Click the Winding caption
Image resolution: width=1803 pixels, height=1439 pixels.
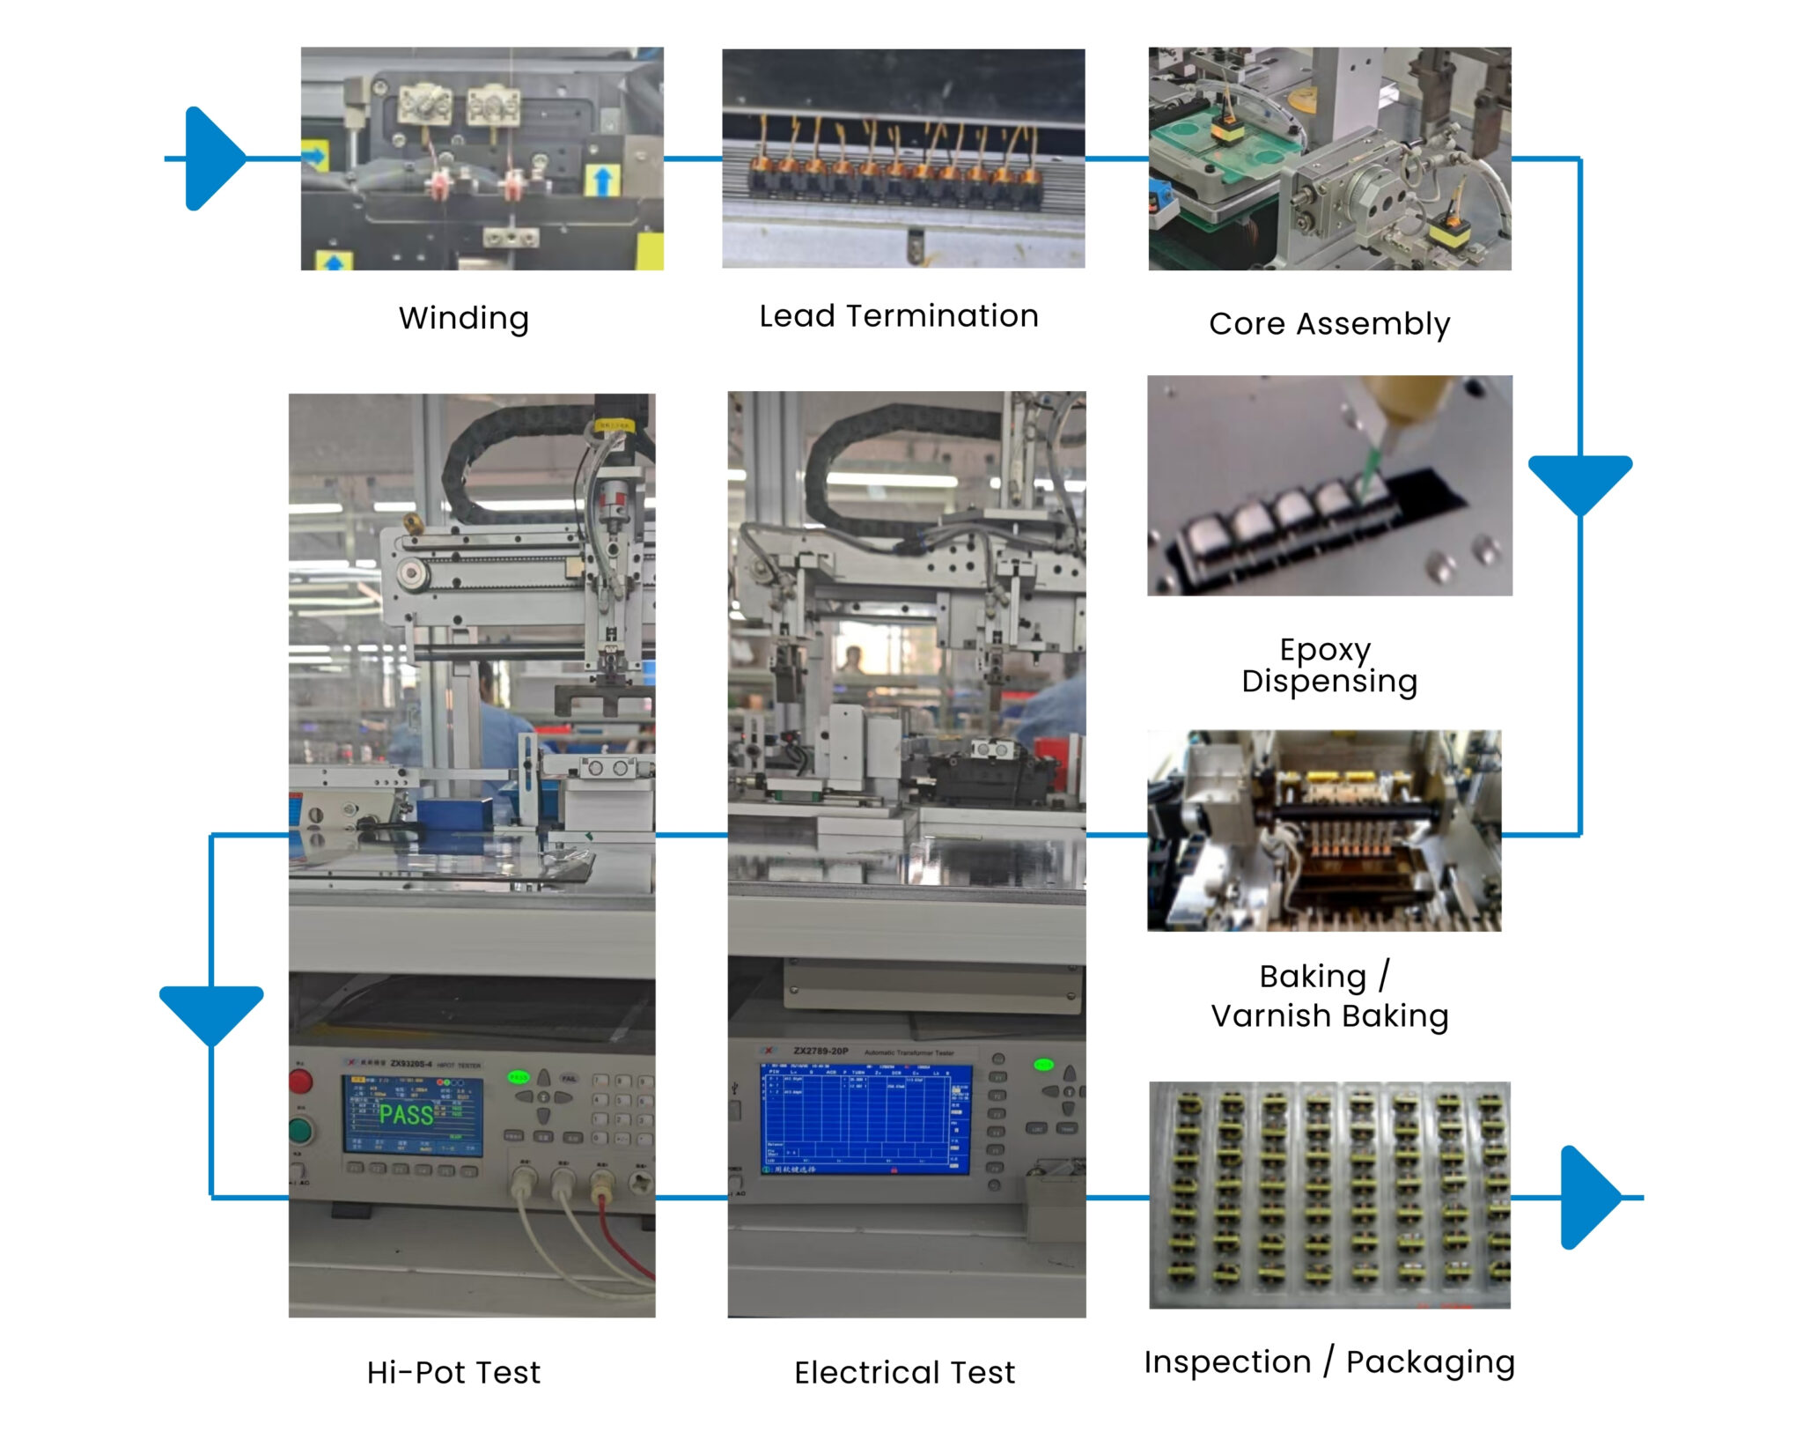[463, 318]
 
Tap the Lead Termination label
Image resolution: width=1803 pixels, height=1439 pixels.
[898, 315]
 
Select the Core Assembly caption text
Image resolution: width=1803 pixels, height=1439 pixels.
[1328, 323]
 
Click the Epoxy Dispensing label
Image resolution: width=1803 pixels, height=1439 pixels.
[1328, 665]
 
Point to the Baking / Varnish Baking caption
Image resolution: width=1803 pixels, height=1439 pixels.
[1328, 995]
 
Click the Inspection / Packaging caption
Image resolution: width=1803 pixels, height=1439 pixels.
[1328, 1362]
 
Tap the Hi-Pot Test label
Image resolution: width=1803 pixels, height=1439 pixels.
[453, 1372]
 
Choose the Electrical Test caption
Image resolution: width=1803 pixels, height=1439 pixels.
[904, 1372]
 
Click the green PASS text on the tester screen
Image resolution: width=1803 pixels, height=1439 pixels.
[406, 1115]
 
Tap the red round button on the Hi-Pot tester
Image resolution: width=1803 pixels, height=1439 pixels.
[301, 1081]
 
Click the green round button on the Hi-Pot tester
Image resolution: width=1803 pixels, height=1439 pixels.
[301, 1130]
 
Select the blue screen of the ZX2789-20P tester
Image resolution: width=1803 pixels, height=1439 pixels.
[865, 1117]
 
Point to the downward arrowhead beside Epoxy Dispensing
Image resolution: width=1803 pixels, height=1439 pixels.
[1579, 481]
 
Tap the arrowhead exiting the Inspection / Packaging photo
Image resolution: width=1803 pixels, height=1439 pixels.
[1588, 1197]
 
